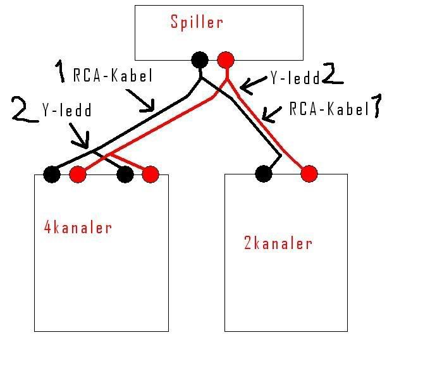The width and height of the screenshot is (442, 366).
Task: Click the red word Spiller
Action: [197, 23]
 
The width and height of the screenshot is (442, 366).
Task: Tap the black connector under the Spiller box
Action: [200, 61]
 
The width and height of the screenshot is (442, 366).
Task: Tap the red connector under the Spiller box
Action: [225, 61]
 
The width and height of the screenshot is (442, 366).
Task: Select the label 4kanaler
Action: [78, 227]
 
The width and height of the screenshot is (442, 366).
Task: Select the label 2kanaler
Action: [278, 243]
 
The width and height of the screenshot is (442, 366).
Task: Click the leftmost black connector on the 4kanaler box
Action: [52, 174]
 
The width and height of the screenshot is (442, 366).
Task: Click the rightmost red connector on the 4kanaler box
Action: [150, 174]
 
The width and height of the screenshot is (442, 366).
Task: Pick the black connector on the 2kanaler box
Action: [264, 173]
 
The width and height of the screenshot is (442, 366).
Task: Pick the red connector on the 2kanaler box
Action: [309, 173]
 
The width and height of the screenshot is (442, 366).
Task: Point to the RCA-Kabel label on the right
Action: [328, 109]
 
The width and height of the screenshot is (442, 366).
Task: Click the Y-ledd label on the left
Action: [66, 111]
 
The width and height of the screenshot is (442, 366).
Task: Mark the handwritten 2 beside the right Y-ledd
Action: [332, 74]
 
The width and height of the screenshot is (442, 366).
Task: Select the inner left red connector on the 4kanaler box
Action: [77, 174]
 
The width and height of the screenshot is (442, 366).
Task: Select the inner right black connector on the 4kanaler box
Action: [125, 174]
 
